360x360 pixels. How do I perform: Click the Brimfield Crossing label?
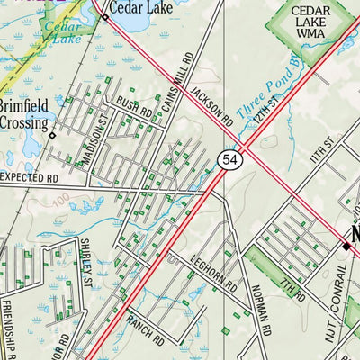[x=22, y=112]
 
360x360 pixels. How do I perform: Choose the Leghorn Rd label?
[x=214, y=272]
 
